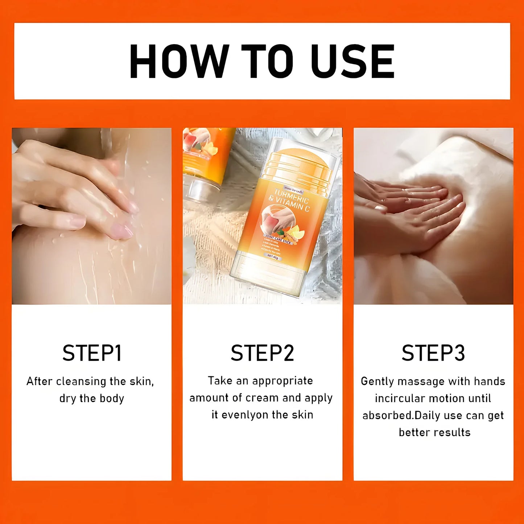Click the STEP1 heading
coord(92,353)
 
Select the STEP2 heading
coord(262,353)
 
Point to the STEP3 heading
coord(433,353)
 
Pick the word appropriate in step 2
coord(282,381)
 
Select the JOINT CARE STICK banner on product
coord(278,239)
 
